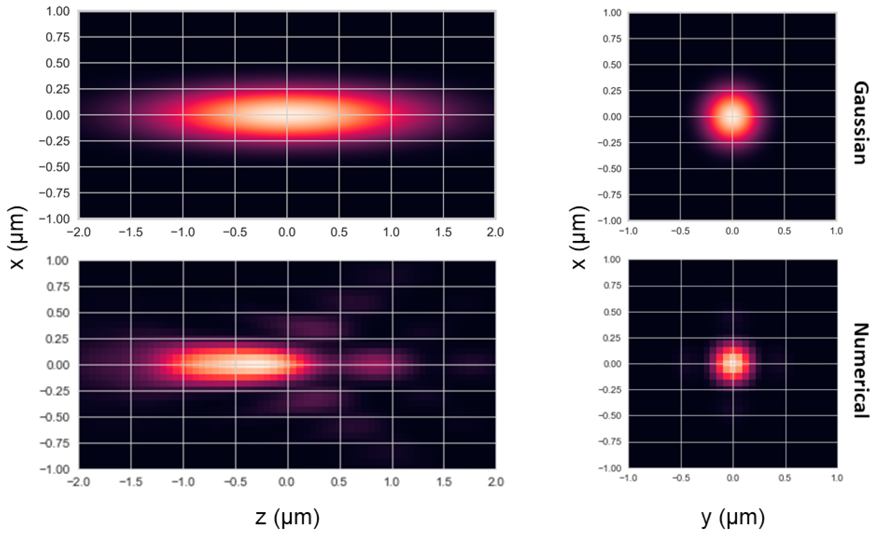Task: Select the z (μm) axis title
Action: (x=288, y=517)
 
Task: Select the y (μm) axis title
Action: (x=733, y=517)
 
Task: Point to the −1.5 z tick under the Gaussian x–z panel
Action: (x=130, y=232)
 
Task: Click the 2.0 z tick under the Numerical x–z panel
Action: (x=496, y=482)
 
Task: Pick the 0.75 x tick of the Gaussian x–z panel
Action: (x=57, y=37)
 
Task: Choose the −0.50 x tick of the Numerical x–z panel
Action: (x=55, y=417)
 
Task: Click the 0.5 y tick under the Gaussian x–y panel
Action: (x=784, y=231)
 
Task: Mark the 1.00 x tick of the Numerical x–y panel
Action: (x=612, y=259)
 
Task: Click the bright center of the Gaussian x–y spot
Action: (x=732, y=117)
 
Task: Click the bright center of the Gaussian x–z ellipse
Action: (x=287, y=115)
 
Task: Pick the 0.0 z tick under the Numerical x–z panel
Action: (x=287, y=482)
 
